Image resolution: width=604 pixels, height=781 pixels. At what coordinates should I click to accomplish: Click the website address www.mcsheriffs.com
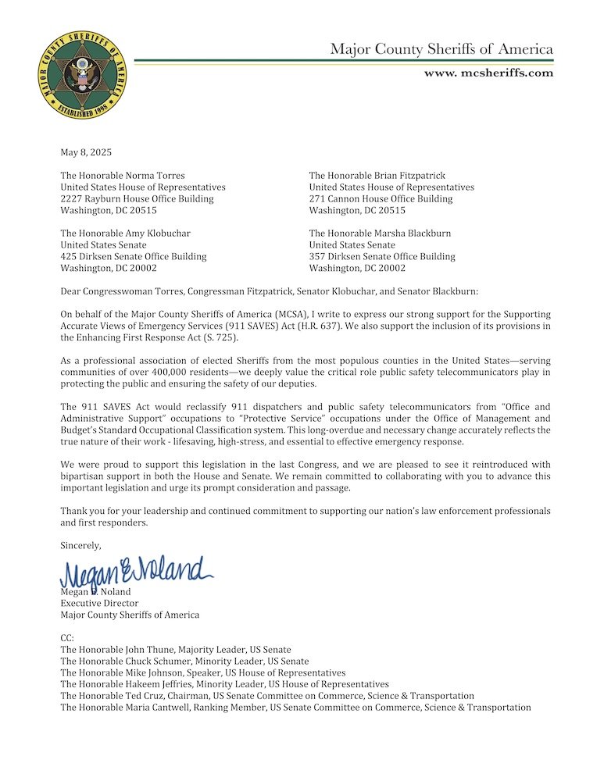coord(488,73)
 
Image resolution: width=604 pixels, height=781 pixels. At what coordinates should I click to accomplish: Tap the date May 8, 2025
coord(86,152)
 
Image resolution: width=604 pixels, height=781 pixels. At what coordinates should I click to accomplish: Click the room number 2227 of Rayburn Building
coord(73,198)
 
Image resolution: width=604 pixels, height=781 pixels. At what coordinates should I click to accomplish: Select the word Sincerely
coord(80,545)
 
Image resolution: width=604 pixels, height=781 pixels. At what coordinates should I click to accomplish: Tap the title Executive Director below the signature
coord(99,603)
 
